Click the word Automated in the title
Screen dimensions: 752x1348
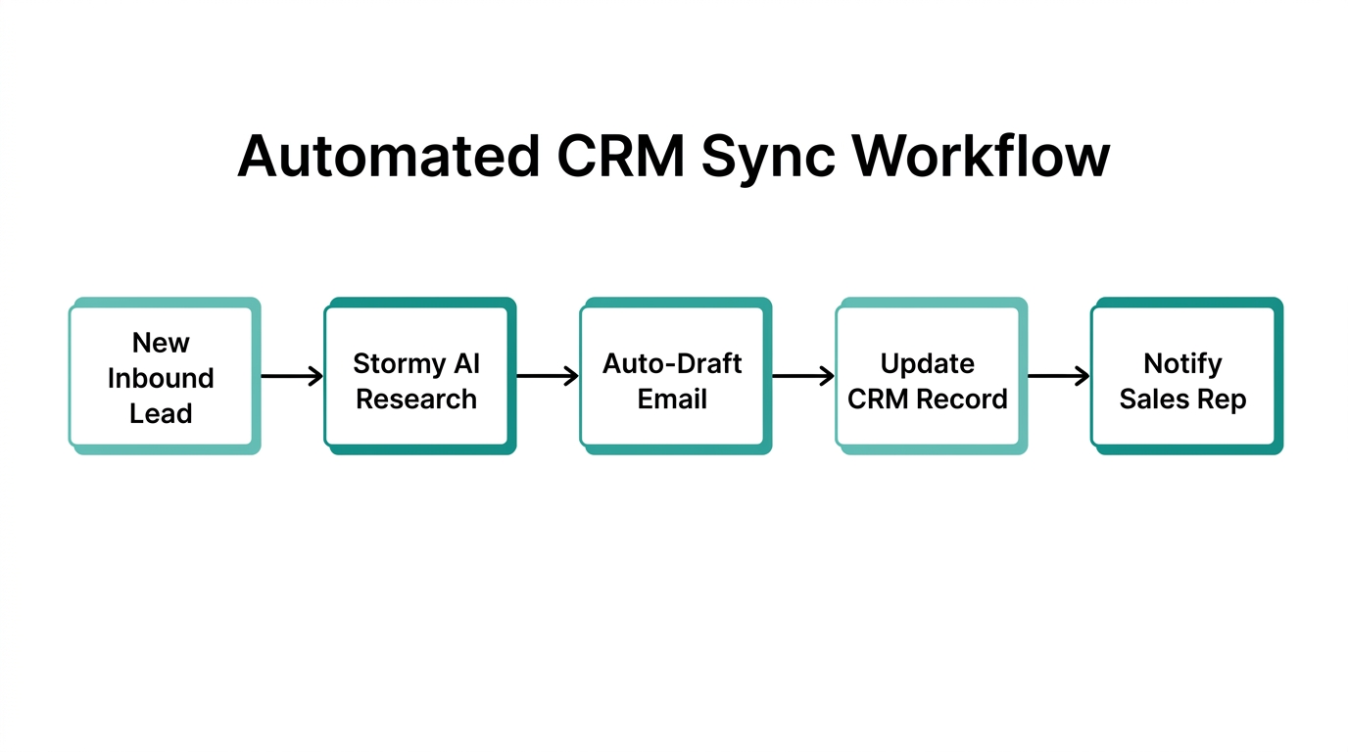point(388,155)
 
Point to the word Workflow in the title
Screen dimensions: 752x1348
point(980,155)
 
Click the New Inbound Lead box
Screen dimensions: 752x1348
point(161,376)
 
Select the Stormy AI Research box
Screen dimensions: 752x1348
point(416,376)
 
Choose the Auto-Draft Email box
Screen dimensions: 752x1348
point(672,376)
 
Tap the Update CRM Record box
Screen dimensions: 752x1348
point(928,376)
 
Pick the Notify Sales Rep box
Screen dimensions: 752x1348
point(1183,376)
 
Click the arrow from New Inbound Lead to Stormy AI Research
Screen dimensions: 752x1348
point(292,376)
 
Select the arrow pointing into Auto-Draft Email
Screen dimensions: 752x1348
point(548,376)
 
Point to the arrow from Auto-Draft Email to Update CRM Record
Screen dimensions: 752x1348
point(803,376)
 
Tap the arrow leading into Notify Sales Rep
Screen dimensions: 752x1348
point(1059,376)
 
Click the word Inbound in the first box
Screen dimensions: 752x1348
point(161,378)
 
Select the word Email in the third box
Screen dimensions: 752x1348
point(672,399)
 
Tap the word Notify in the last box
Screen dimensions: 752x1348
point(1182,364)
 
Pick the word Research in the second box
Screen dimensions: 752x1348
point(416,399)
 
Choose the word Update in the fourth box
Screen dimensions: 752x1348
point(928,363)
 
